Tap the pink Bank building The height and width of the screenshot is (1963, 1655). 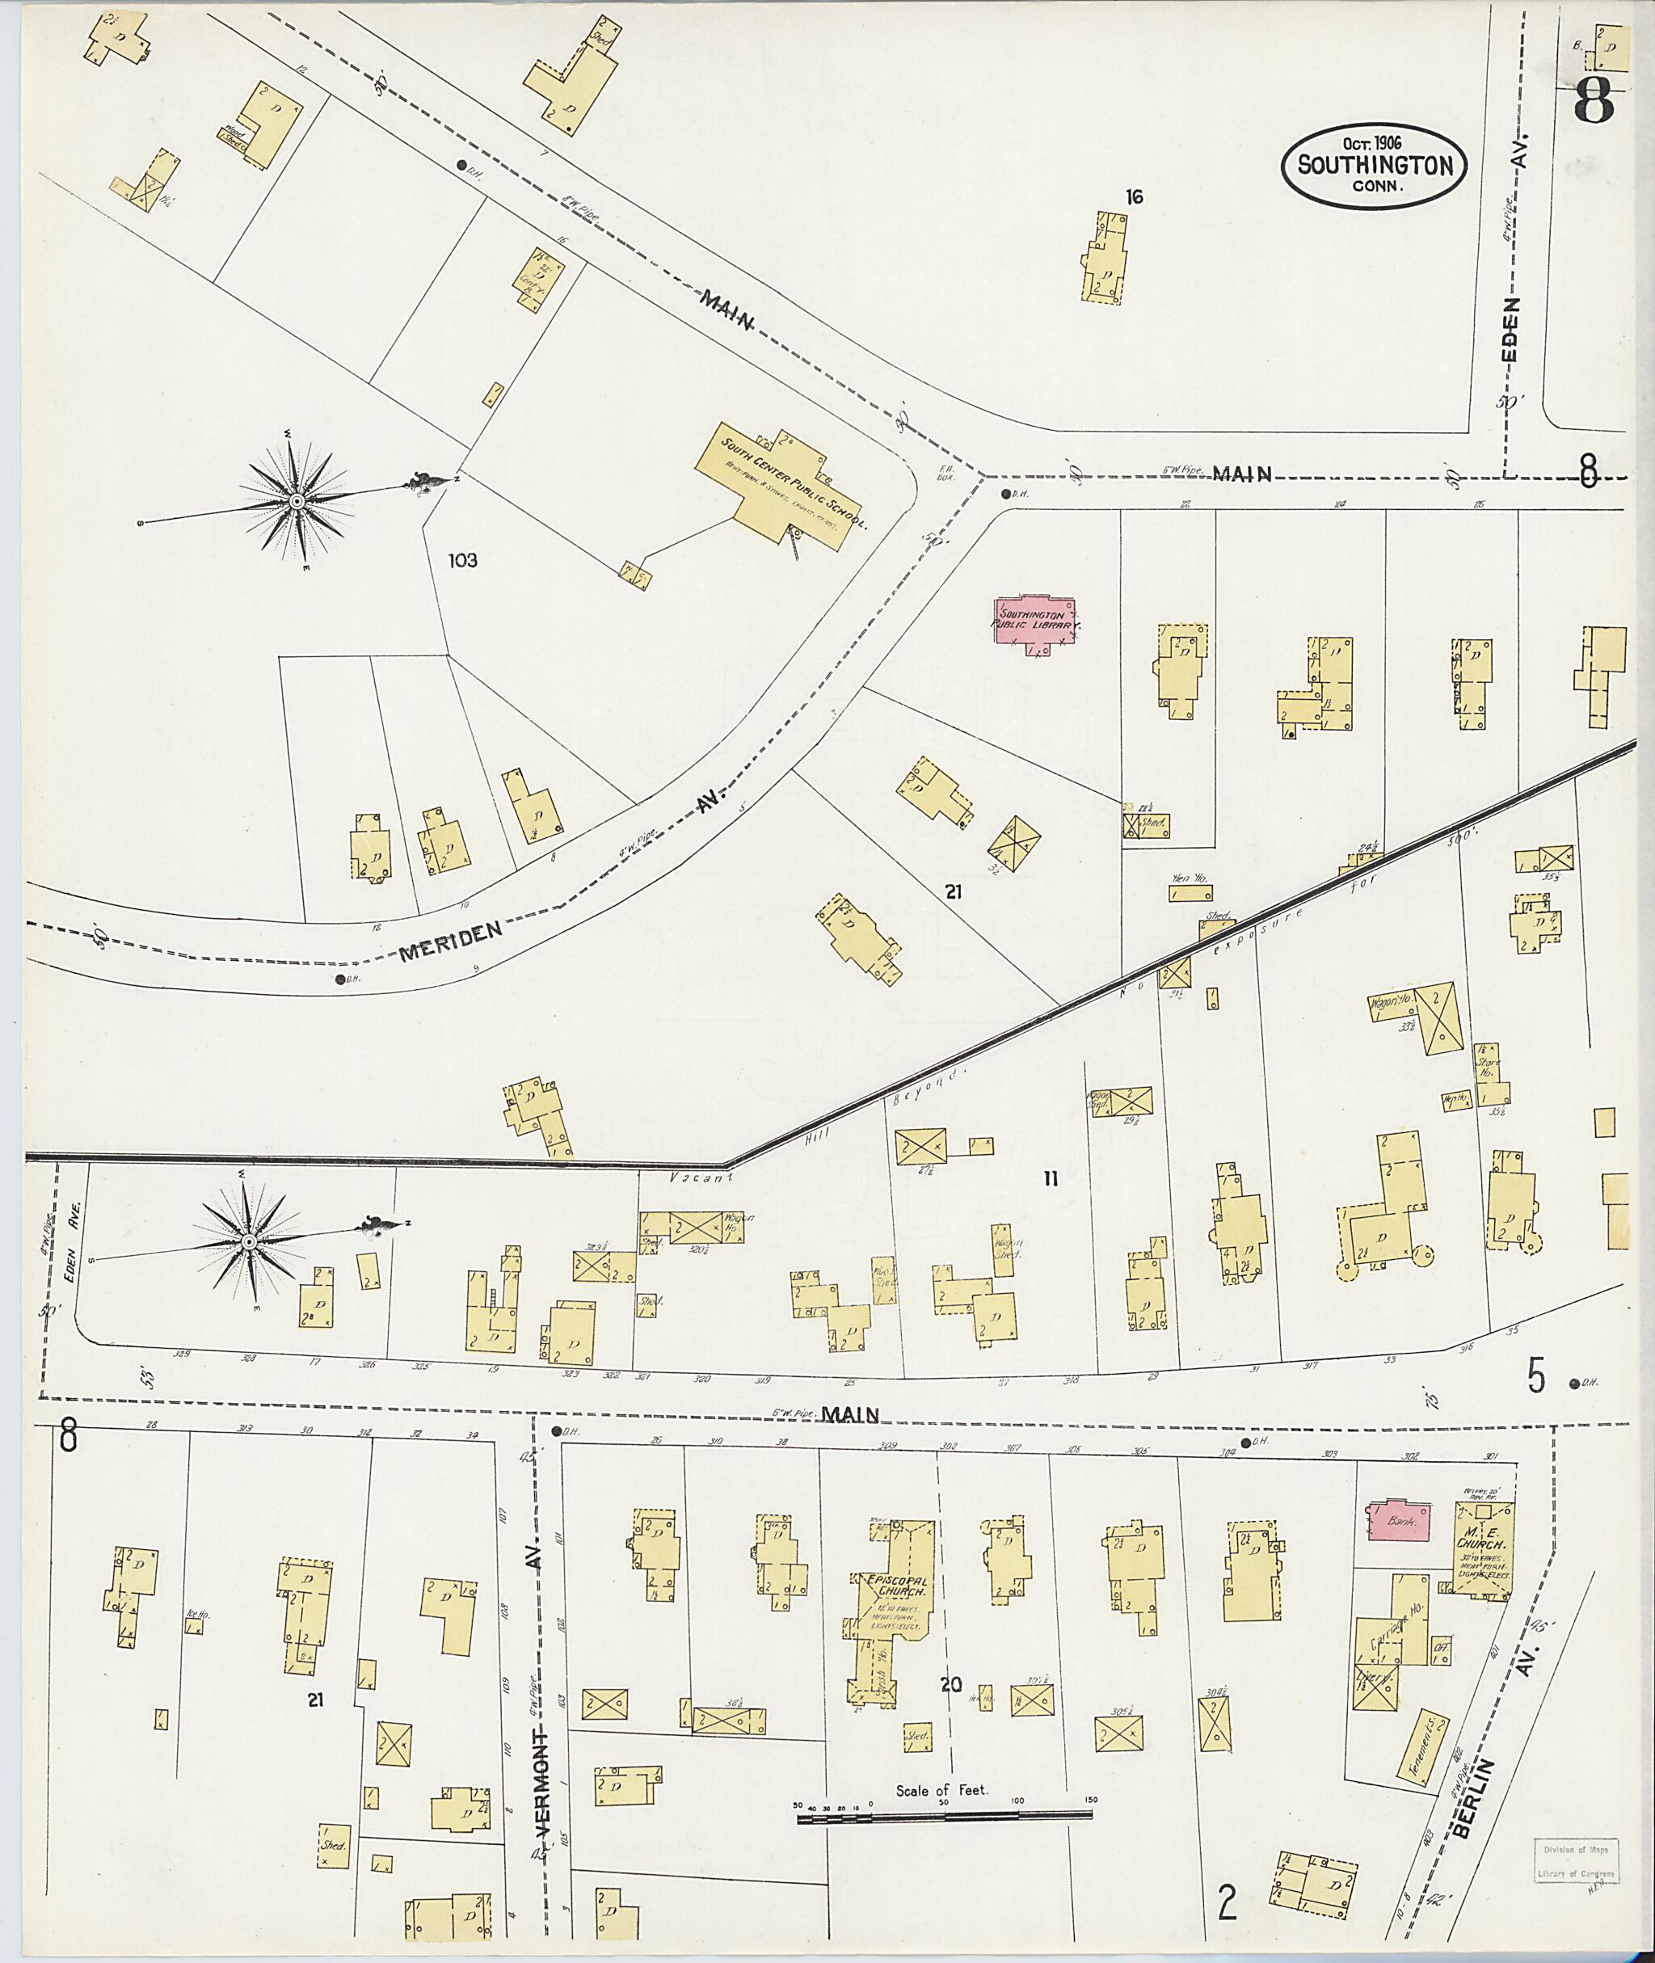pos(1399,1521)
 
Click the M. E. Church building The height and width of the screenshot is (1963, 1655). pos(1481,1544)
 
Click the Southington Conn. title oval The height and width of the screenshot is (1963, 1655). pos(1375,164)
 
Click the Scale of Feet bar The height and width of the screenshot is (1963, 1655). pos(944,1818)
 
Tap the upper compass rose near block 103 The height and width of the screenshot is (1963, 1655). pos(297,502)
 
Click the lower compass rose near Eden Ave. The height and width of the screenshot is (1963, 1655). pos(249,1242)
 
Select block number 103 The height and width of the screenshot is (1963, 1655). pos(461,561)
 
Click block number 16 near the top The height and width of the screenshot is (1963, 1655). pos(1135,197)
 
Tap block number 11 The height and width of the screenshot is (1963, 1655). pos(1050,1178)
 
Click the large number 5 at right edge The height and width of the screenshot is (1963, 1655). pos(1536,1376)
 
